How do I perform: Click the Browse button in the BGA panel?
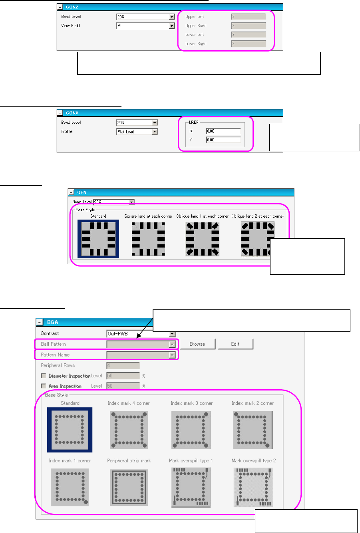pos(197,344)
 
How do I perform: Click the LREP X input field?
pos(223,131)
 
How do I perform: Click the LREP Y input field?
pos(223,140)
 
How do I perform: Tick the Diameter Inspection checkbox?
pos(44,376)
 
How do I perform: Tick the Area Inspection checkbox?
pos(44,386)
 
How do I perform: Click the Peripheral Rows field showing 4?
pos(123,365)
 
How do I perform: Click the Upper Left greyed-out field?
pos(249,17)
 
